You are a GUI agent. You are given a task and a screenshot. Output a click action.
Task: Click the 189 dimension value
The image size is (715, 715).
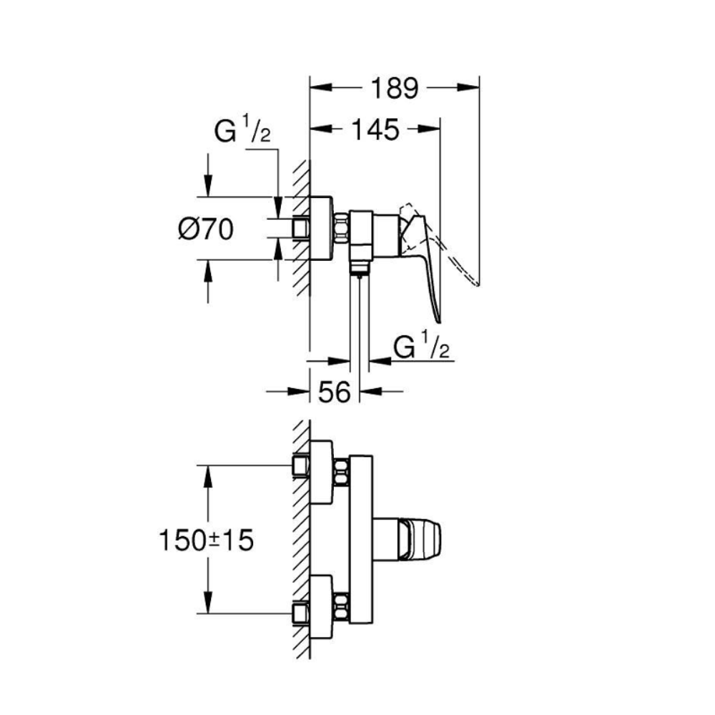pyautogui.click(x=394, y=88)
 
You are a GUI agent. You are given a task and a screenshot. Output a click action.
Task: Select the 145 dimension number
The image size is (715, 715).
pyautogui.click(x=374, y=130)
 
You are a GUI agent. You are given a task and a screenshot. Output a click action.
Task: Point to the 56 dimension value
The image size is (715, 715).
pyautogui.click(x=333, y=392)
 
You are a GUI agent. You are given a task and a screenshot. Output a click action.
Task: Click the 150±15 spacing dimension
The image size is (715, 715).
pyautogui.click(x=206, y=540)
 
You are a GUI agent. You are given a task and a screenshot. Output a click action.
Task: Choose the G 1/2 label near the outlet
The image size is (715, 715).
pyautogui.click(x=422, y=348)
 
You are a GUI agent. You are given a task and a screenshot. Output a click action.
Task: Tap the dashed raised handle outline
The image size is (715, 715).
pyautogui.click(x=409, y=214)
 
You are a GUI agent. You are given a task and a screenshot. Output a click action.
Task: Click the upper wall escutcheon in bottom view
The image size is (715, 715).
pyautogui.click(x=322, y=472)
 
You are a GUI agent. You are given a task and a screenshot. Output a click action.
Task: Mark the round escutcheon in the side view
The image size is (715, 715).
pyautogui.click(x=321, y=229)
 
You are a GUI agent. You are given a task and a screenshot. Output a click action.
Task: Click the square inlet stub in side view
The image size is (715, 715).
pyautogui.click(x=301, y=229)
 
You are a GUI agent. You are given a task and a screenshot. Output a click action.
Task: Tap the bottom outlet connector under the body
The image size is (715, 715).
pyautogui.click(x=359, y=268)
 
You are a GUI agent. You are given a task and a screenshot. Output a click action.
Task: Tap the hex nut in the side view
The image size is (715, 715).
pyautogui.click(x=340, y=229)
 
